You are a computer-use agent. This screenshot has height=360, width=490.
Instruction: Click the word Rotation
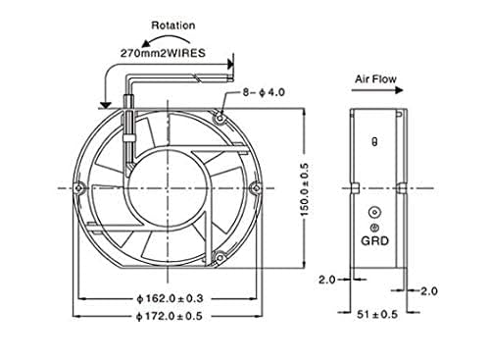(x=173, y=26)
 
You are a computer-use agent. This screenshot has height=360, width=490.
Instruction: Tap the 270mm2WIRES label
(x=163, y=53)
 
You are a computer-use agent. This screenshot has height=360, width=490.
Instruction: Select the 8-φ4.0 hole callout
(x=264, y=92)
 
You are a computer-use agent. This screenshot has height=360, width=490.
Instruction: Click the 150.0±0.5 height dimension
(x=304, y=189)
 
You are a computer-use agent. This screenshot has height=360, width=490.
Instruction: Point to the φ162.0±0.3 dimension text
(x=170, y=298)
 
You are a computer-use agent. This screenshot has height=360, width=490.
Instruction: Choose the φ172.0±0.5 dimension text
(x=170, y=316)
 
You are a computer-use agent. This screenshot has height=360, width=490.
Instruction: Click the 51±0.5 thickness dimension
(x=377, y=315)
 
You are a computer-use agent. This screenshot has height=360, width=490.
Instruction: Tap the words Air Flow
(x=375, y=78)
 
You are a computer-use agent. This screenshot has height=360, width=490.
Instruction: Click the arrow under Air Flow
(x=377, y=90)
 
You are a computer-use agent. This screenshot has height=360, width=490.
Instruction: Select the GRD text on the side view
(x=374, y=241)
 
